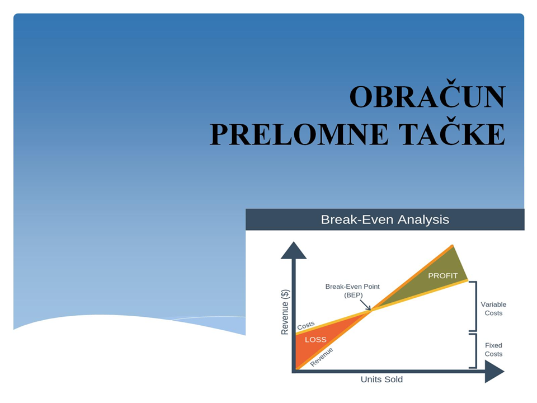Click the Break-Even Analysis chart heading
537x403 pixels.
pyautogui.click(x=385, y=219)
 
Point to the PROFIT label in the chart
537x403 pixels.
pyautogui.click(x=443, y=276)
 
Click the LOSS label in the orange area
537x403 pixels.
pyautogui.click(x=315, y=340)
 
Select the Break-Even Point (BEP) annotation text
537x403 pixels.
pyautogui.click(x=352, y=290)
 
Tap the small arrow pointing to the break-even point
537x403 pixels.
pyautogui.click(x=365, y=305)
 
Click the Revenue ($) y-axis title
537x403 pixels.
pyautogui.click(x=285, y=312)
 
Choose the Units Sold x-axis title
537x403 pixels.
pyautogui.click(x=381, y=379)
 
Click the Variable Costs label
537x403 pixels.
pyautogui.click(x=493, y=308)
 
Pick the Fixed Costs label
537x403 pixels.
pyautogui.click(x=493, y=349)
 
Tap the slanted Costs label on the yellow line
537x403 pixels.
pyautogui.click(x=305, y=325)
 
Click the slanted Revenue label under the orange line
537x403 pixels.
pyautogui.click(x=321, y=357)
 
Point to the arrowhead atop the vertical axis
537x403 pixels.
pyautogui.click(x=294, y=250)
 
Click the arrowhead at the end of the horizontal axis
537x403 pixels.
pyautogui.click(x=494, y=372)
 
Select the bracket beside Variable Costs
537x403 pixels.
pyautogui.click(x=475, y=306)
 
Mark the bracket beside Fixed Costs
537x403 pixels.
pyautogui.click(x=475, y=351)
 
